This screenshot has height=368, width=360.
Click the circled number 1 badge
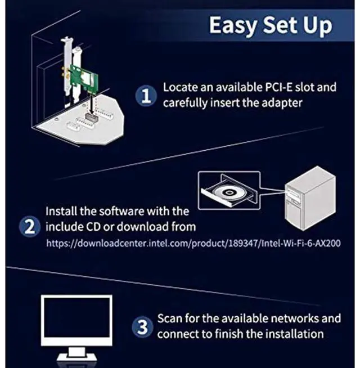[x=145, y=96]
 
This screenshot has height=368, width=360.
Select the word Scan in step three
[x=169, y=318]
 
